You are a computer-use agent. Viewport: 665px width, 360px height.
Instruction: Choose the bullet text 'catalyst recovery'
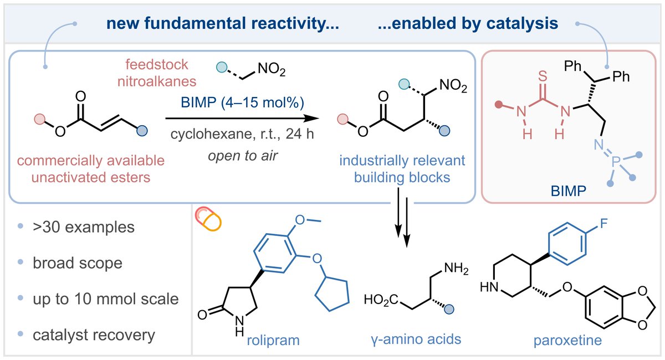tap(93, 335)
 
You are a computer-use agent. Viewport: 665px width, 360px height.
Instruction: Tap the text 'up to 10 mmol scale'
tap(104, 299)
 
